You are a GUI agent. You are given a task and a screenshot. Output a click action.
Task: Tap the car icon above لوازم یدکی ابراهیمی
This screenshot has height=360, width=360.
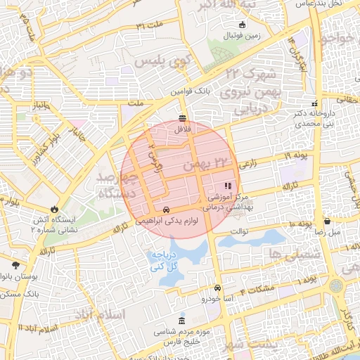tap(165, 210)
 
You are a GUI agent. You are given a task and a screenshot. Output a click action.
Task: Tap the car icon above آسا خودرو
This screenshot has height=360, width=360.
tap(217, 288)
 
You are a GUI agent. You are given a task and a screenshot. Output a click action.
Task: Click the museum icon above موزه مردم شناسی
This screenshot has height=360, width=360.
tap(183, 321)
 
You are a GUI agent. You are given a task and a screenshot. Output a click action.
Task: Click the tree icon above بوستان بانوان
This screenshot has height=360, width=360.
tap(15, 265)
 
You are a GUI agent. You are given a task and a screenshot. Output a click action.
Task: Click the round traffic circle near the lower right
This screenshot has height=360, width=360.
tap(335, 287)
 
